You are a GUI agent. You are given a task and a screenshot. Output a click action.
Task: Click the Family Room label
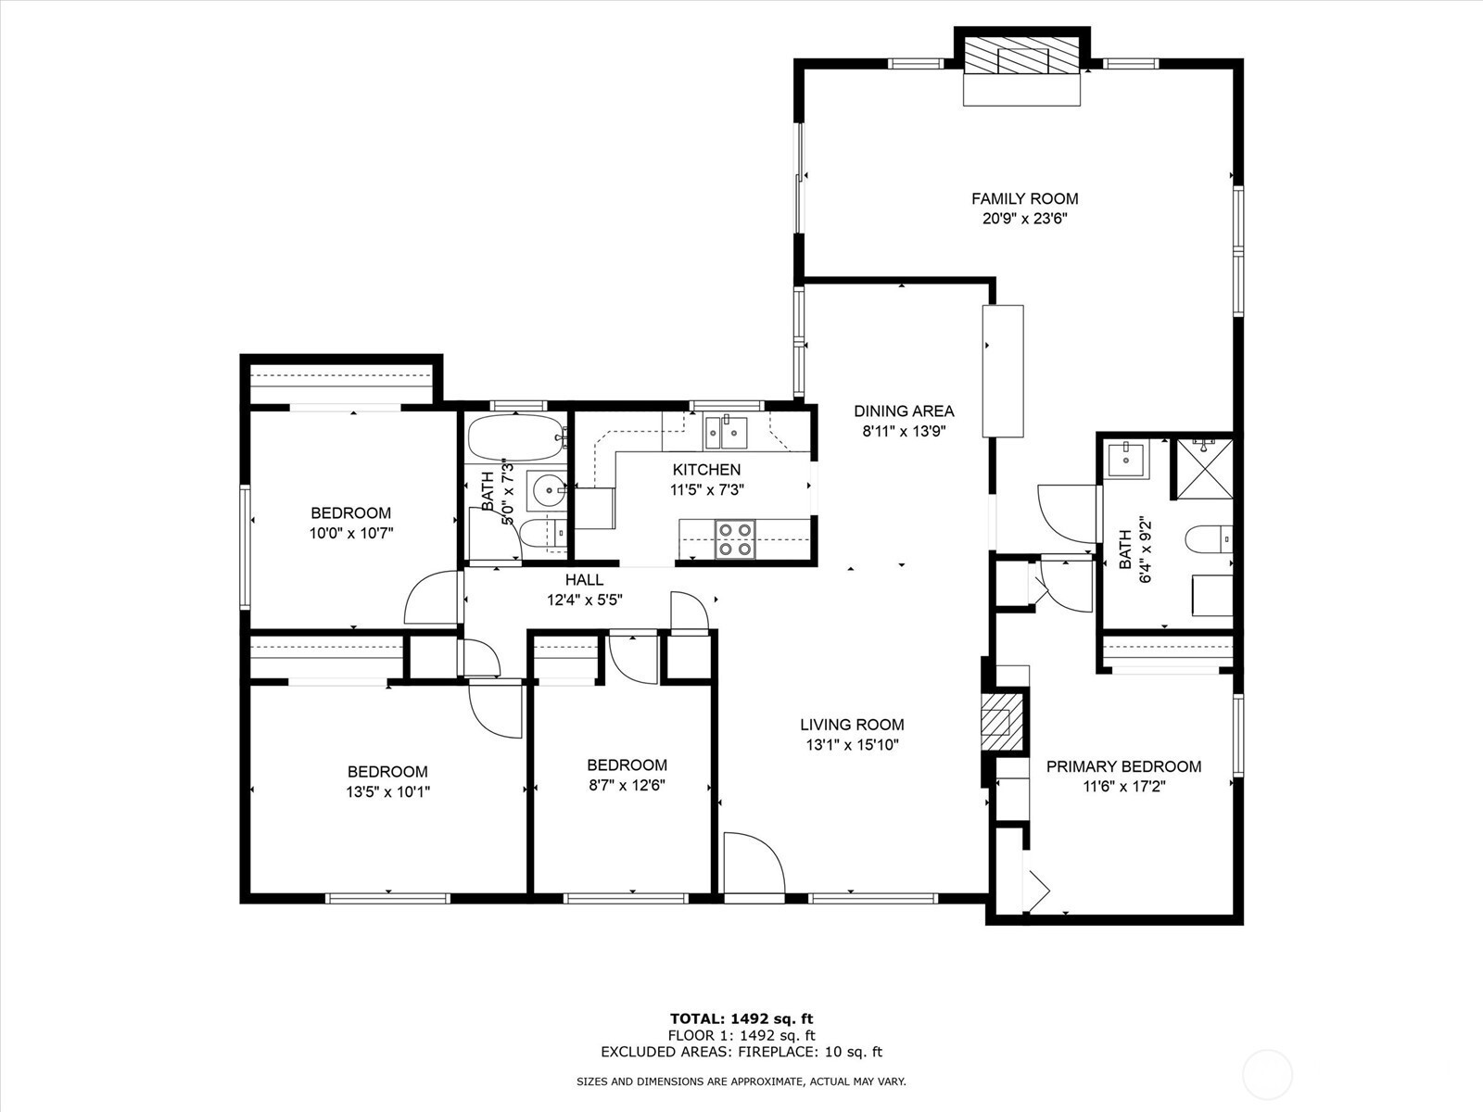(x=1024, y=198)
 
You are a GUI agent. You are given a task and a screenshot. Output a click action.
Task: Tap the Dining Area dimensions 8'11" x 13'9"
(x=904, y=431)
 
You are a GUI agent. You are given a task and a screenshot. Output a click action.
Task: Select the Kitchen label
(x=706, y=469)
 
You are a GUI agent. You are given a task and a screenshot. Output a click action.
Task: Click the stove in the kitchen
(x=735, y=538)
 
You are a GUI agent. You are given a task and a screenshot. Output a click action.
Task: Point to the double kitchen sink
(x=725, y=432)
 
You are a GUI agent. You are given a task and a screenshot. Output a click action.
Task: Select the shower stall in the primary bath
(x=1205, y=469)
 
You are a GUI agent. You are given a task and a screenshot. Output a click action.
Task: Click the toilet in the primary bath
(x=1209, y=538)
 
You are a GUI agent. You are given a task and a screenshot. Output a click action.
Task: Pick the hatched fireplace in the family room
(x=1021, y=55)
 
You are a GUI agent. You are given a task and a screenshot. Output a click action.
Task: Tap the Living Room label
(x=852, y=725)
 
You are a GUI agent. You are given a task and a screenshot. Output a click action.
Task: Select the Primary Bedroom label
(x=1123, y=766)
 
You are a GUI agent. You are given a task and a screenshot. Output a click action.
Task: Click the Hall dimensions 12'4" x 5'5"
(x=585, y=600)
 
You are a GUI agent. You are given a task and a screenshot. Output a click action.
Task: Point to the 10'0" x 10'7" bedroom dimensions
(x=350, y=534)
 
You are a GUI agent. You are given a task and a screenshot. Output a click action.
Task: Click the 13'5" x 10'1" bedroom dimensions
(x=387, y=791)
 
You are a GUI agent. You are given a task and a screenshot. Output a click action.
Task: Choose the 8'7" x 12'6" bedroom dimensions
(x=627, y=785)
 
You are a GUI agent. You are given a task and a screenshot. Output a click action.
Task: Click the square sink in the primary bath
(x=1127, y=459)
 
